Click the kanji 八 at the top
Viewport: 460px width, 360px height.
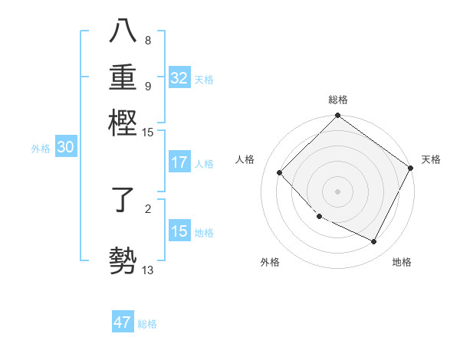(123, 33)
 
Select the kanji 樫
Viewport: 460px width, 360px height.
(123, 122)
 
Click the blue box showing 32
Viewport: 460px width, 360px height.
(179, 78)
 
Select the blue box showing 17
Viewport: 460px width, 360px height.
(179, 162)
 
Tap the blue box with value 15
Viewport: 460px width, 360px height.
(179, 231)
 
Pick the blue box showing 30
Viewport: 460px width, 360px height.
(65, 148)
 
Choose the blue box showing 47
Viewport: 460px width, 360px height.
(123, 322)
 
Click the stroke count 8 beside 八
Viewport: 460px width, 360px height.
(147, 41)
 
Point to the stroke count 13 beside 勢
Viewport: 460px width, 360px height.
(147, 269)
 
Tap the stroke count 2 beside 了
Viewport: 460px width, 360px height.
(147, 208)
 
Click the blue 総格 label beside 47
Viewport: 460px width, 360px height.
(147, 324)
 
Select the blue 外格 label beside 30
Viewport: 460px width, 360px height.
(41, 149)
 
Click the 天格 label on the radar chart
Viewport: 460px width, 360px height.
(431, 159)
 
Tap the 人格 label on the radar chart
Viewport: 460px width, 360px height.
(245, 159)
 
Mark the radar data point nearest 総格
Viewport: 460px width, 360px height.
(337, 116)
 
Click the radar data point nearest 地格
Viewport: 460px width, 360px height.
(374, 242)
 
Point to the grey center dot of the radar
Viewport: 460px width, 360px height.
(337, 191)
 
